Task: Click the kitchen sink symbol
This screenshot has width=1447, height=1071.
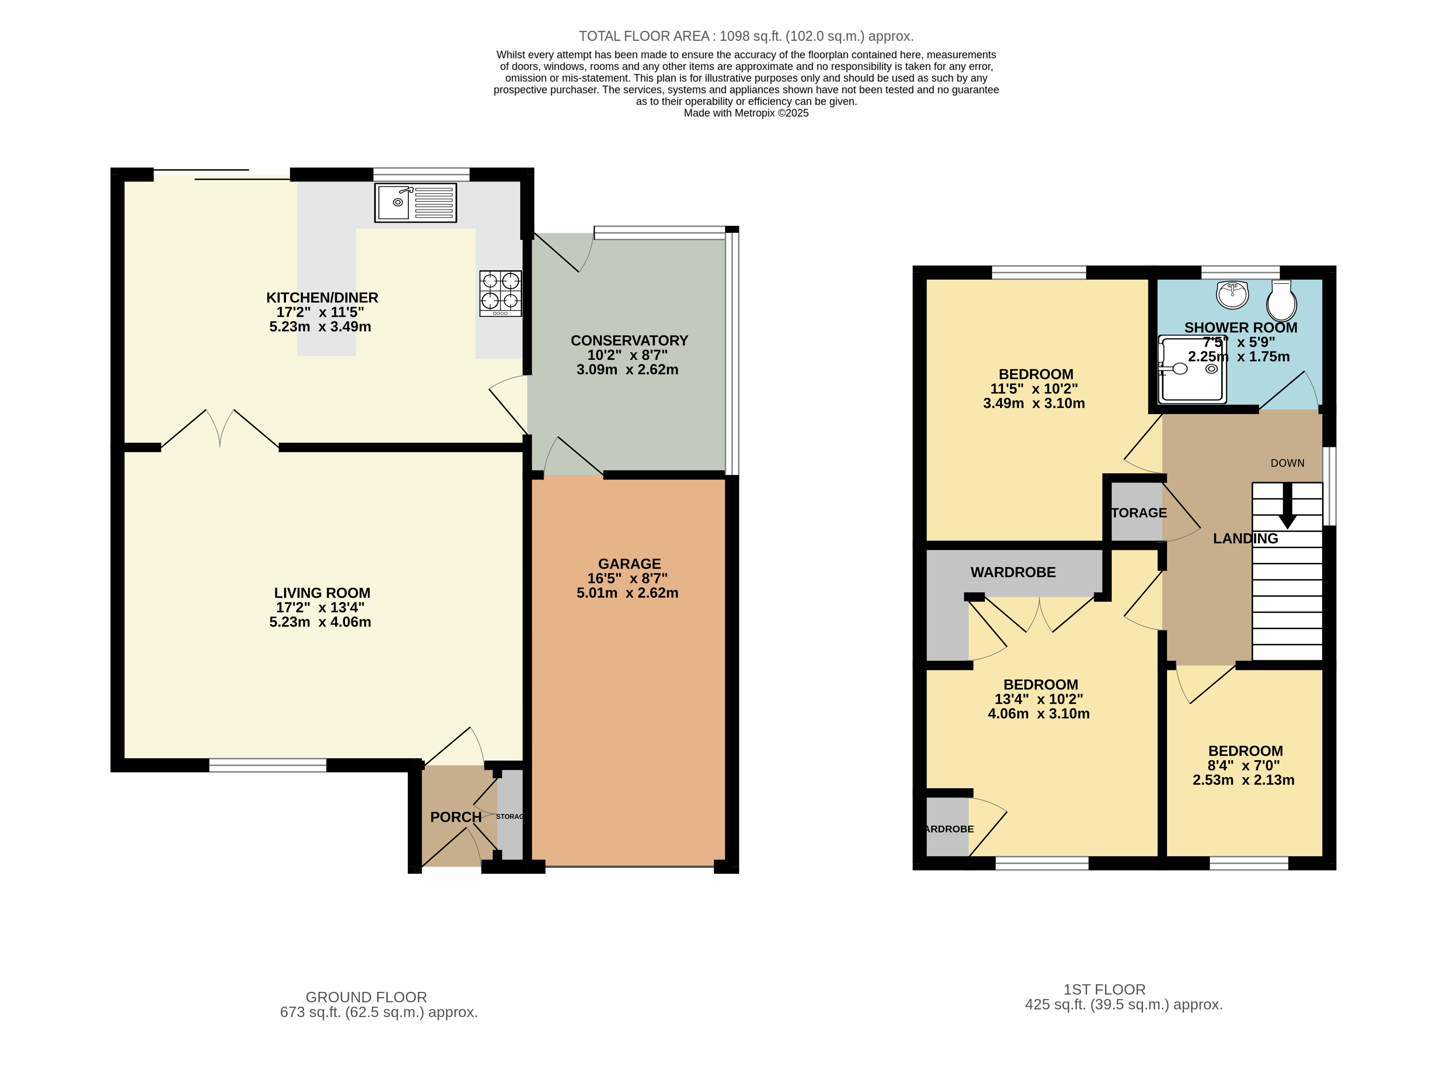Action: [x=415, y=202]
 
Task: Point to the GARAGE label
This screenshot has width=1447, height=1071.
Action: [x=629, y=564]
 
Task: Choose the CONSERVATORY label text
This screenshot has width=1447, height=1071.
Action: [x=629, y=340]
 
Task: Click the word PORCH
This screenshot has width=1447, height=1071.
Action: [x=455, y=817]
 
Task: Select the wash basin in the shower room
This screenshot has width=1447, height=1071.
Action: [x=1232, y=295]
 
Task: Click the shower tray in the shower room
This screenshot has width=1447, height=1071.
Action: [x=1192, y=369]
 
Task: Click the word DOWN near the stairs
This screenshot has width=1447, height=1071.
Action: [x=1288, y=463]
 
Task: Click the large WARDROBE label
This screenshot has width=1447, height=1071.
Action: [x=1013, y=573]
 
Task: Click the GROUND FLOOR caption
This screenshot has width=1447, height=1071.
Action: [x=366, y=997]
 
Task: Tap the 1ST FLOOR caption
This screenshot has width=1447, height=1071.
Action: [x=1105, y=989]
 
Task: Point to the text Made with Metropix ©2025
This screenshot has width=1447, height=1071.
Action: [x=746, y=113]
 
